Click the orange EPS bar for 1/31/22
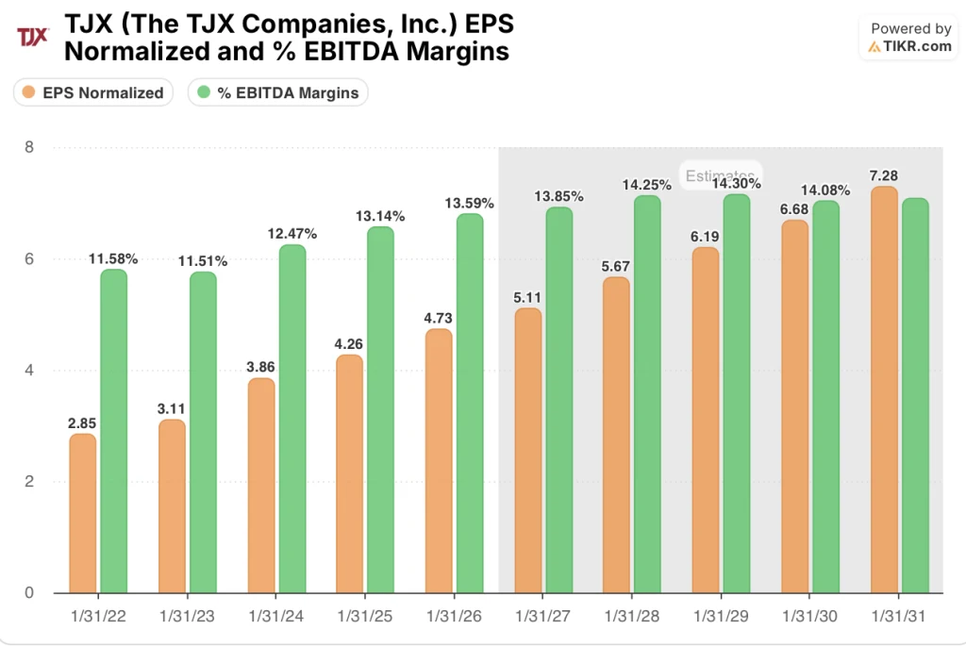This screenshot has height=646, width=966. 82,514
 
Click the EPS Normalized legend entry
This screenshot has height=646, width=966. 93,92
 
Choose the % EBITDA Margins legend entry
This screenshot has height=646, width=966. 278,92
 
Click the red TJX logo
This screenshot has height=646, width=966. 33,37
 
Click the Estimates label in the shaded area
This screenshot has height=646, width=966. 720,175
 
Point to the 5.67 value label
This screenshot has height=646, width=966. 615,266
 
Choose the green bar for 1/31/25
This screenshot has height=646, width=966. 380,410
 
